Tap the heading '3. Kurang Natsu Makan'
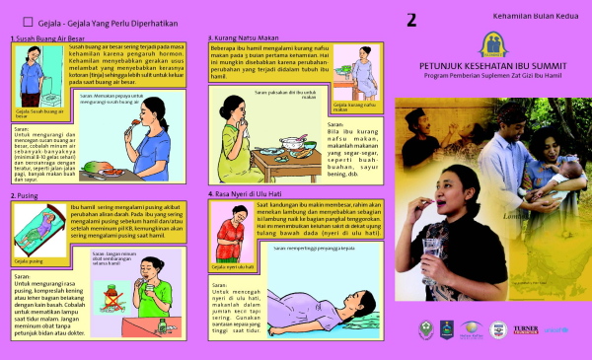coord(248,38)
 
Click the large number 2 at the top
coord(411,19)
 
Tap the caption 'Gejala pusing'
coord(30,261)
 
